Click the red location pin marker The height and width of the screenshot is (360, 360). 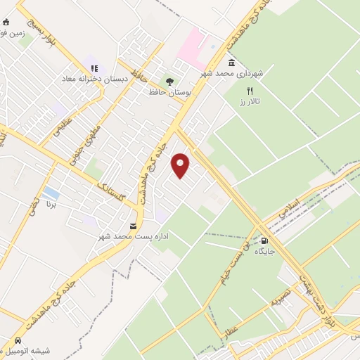pos(181,165)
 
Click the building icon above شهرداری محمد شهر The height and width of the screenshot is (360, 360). pos(231,63)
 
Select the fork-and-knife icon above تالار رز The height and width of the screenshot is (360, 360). pos(249,91)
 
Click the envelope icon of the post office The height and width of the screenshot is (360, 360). pos(133,226)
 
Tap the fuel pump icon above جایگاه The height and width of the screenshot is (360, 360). pos(264,240)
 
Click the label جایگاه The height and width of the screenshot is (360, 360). pos(264,251)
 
